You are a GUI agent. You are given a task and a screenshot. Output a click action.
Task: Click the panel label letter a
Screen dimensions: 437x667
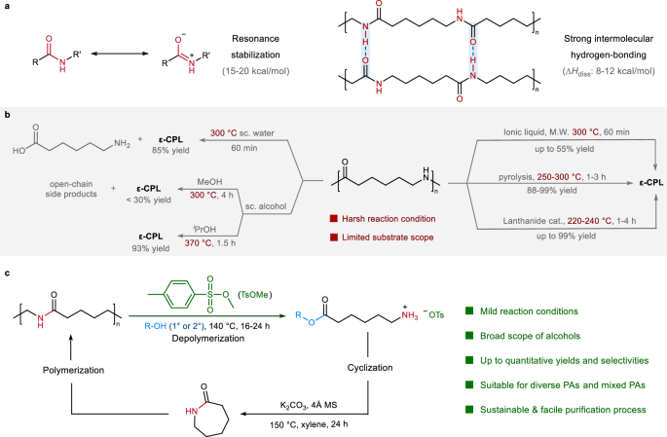8,8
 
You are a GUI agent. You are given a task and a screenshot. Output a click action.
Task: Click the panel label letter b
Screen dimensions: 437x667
8,114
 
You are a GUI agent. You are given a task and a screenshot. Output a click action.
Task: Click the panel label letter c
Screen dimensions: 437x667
8,270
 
